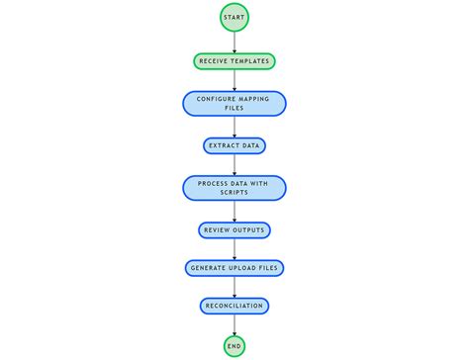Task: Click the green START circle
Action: pos(234,19)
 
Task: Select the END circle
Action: pos(234,345)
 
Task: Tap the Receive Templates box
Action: pos(234,61)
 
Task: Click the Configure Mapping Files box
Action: pos(234,104)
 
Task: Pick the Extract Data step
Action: pos(234,145)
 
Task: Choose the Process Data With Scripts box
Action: pos(234,188)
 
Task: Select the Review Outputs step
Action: pos(234,229)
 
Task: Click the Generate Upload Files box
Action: pos(234,268)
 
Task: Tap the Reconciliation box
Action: pos(234,306)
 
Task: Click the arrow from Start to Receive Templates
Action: pos(234,42)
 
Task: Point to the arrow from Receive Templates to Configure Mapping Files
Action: pos(234,80)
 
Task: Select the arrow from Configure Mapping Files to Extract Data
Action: pos(234,127)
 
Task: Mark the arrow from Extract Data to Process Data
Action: pos(234,164)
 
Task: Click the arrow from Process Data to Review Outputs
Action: pos(234,211)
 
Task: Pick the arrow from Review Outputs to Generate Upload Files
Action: pos(234,248)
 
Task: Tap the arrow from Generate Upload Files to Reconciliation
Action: pos(234,287)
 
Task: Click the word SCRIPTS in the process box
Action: pos(234,193)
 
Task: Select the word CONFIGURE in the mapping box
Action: pos(217,99)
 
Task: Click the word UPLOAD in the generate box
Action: pos(245,268)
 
